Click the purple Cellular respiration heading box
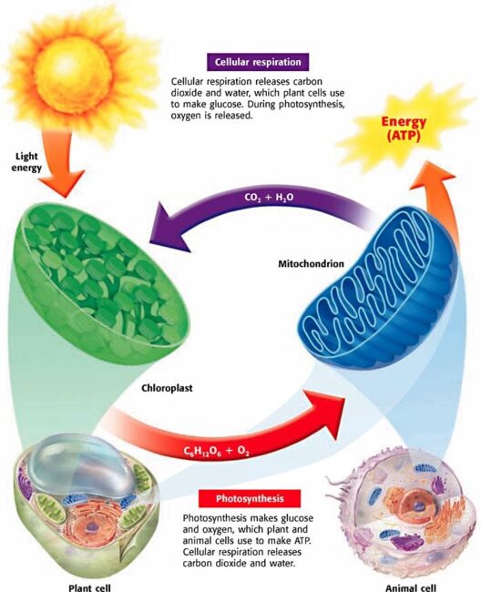(x=258, y=62)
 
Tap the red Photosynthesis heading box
(x=250, y=498)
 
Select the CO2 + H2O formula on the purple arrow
(x=269, y=198)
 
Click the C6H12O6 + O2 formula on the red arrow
(x=216, y=451)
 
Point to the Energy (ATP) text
(x=404, y=128)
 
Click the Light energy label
(x=26, y=161)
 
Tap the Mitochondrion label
(x=312, y=263)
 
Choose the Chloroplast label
(x=167, y=388)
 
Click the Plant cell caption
(x=89, y=587)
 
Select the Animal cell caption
(x=410, y=587)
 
